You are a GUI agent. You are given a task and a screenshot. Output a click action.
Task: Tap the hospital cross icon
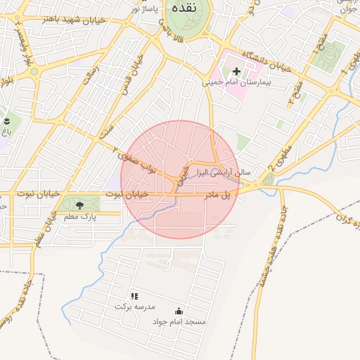point(236,71)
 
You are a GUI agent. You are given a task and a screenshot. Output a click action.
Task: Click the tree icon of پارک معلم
point(79,205)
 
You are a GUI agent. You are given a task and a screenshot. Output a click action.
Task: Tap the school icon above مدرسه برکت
point(134,297)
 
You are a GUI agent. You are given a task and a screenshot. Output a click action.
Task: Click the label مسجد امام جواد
point(179,321)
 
